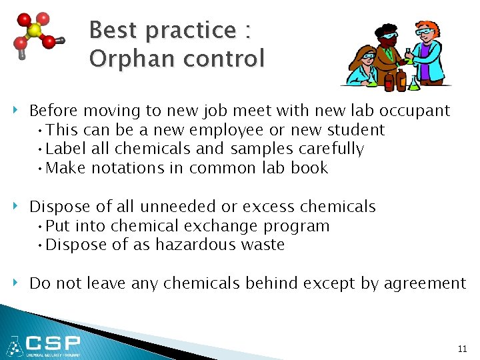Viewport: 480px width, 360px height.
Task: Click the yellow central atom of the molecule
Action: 34,31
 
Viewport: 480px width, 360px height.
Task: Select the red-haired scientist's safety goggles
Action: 423,33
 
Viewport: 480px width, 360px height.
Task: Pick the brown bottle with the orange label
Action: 401,81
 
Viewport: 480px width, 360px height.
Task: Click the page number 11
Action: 462,349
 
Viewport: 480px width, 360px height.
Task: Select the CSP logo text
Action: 53,344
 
